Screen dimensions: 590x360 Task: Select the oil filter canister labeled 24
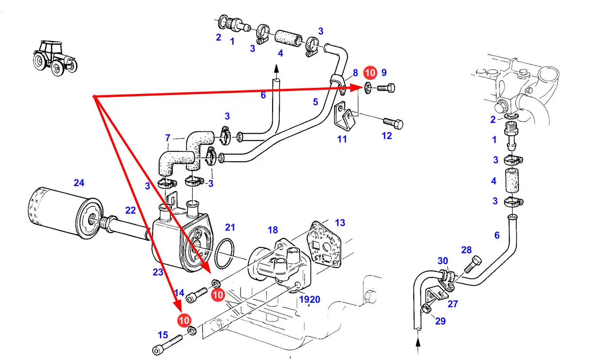click(65, 214)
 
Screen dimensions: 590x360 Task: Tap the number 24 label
click(79, 183)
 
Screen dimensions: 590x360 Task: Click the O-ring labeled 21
click(224, 253)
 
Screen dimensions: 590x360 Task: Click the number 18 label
click(273, 230)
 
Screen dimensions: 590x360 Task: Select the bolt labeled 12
click(393, 124)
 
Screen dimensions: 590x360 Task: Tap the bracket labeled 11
click(344, 116)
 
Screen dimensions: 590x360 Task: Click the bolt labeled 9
click(386, 88)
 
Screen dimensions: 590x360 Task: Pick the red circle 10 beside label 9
click(370, 73)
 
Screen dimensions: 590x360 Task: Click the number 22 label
click(131, 210)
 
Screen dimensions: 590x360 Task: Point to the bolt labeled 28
click(473, 264)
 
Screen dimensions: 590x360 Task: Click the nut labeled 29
click(426, 309)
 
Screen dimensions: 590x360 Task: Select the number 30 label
click(443, 261)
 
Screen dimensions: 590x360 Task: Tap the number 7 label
click(168, 138)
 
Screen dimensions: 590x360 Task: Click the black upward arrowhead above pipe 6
click(276, 69)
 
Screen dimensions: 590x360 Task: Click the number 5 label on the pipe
click(316, 102)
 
